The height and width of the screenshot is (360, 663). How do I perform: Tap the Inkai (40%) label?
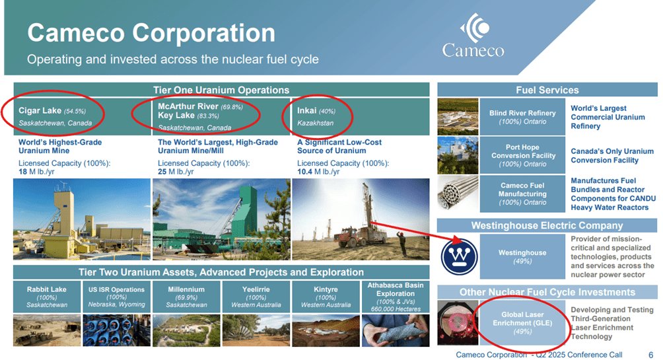316,110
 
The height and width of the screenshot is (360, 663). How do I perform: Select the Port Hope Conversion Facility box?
522,155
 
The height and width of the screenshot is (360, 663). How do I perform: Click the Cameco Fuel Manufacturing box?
522,194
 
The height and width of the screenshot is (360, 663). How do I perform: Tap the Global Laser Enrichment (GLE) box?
522,323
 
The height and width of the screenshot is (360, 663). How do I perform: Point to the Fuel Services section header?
547,90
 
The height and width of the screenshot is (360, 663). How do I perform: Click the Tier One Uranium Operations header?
221,90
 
